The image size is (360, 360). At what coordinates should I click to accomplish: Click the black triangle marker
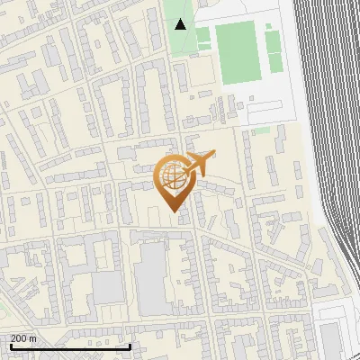181,24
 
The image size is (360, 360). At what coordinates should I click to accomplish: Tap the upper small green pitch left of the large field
203,34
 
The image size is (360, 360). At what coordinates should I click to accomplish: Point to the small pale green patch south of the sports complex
262,130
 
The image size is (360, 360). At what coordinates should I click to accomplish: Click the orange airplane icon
199,163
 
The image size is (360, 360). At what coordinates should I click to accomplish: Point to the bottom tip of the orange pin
173,211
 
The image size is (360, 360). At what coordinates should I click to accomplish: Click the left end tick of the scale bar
10,346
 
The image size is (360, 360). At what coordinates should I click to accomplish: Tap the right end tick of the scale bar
130,346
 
